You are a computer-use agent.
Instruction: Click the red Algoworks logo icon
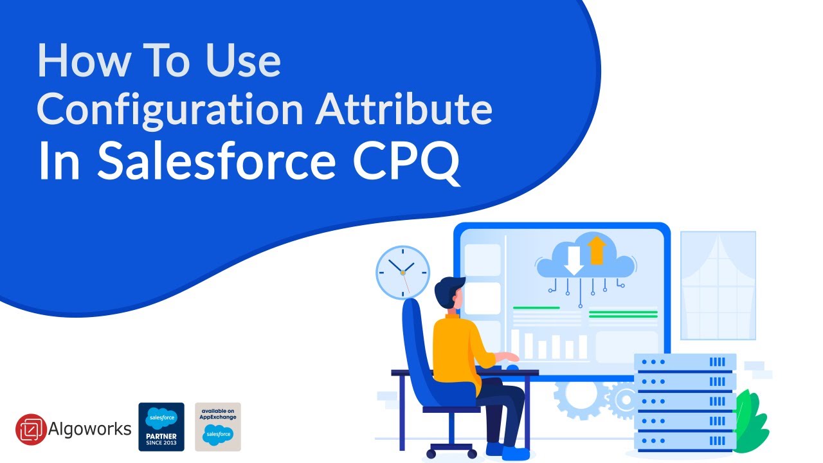pyautogui.click(x=31, y=429)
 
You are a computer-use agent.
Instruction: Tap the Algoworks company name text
pyautogui.click(x=90, y=429)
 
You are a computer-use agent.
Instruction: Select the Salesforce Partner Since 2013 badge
pyautogui.click(x=161, y=426)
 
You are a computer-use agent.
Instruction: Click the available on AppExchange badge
pyautogui.click(x=218, y=426)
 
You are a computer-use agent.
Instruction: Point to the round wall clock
pyautogui.click(x=402, y=272)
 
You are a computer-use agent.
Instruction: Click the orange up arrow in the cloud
pyautogui.click(x=597, y=250)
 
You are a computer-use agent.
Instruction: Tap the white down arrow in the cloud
pyautogui.click(x=574, y=260)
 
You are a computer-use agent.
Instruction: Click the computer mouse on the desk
pyautogui.click(x=512, y=367)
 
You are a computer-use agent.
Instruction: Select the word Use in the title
pyautogui.click(x=244, y=60)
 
